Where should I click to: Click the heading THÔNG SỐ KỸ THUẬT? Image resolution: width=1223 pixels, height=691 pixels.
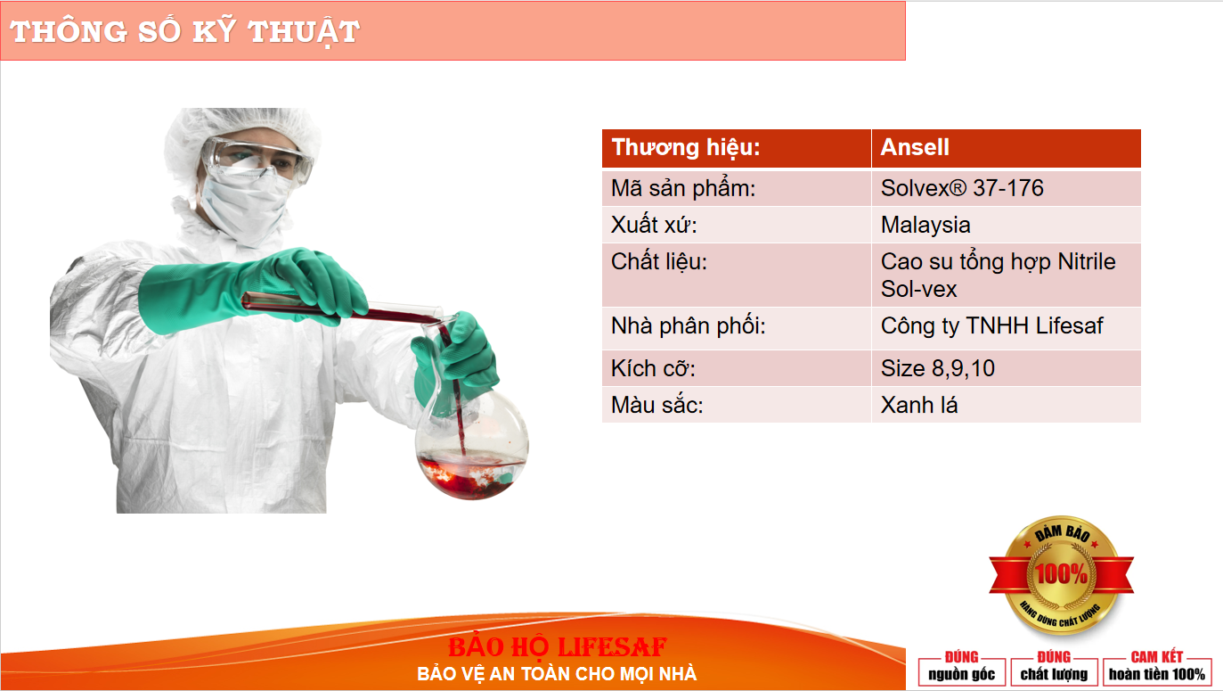click(x=184, y=31)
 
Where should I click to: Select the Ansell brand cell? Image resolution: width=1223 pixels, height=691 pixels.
click(x=1007, y=148)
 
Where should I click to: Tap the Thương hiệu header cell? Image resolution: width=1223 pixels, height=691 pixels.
click(x=736, y=148)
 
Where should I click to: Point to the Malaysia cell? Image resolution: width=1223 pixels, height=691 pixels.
click(x=1007, y=225)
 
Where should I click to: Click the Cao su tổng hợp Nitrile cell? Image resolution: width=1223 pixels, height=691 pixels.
click(x=1007, y=275)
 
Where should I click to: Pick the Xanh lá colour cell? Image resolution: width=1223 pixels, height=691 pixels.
click(x=1007, y=405)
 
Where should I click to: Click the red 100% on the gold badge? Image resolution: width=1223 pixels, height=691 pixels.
click(x=1062, y=574)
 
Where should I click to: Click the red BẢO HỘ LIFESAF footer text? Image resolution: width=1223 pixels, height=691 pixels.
click(x=557, y=647)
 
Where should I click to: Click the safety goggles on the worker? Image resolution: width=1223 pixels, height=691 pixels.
click(x=257, y=159)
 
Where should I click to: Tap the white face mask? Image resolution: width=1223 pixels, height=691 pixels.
click(x=246, y=203)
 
